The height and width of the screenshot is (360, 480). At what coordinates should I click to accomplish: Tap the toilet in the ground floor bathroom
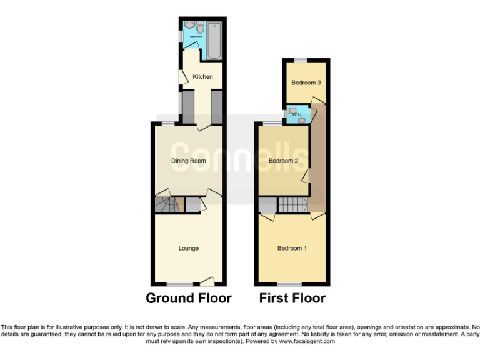pos(199,28)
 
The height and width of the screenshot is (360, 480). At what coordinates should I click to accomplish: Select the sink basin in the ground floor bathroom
pos(187,26)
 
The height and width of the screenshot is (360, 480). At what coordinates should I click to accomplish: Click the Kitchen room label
pos(202,77)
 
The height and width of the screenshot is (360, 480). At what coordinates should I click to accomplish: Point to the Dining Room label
pos(189,161)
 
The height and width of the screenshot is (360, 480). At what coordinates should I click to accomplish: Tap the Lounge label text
pos(189,249)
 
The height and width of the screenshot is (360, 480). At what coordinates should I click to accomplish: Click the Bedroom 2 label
pos(283,161)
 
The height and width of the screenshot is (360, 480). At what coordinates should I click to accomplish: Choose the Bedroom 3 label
pos(306,82)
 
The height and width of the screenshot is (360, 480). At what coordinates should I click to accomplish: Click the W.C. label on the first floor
pos(297,114)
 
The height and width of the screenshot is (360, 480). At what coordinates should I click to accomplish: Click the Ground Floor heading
pos(189,298)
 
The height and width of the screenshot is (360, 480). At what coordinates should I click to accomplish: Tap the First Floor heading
pos(292,298)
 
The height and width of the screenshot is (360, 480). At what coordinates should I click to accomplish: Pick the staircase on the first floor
pos(294,204)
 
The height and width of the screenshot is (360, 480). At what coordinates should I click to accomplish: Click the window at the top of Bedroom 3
pos(301,60)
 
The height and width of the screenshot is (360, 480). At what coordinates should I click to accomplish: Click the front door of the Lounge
pos(208,281)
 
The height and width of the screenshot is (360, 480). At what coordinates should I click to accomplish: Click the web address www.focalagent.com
pos(307,341)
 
